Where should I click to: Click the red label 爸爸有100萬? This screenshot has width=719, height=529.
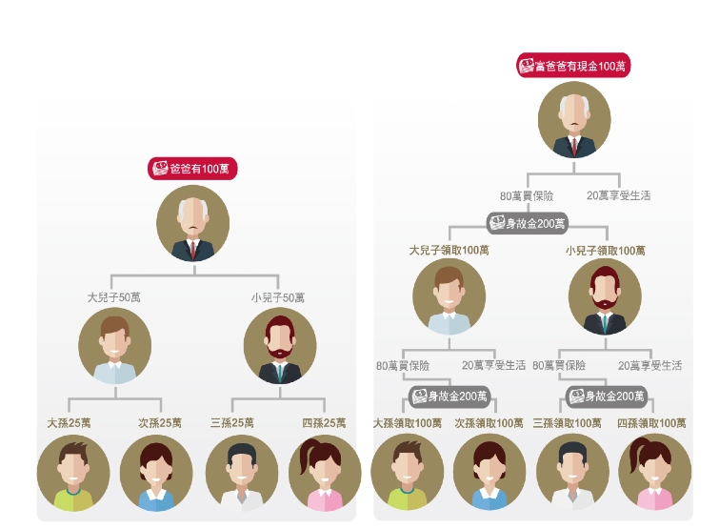point(192,169)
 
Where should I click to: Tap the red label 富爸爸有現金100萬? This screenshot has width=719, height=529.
point(573,66)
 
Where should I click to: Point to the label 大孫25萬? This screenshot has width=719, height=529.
point(70,422)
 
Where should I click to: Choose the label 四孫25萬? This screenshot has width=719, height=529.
point(323,422)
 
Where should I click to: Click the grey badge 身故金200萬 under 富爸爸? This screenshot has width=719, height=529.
point(528,224)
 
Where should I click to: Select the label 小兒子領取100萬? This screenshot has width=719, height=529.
point(605,251)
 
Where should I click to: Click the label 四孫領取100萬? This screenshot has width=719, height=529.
point(652,422)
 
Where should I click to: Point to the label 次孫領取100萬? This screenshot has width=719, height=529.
point(489,422)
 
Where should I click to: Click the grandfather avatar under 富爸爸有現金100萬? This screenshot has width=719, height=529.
point(574,122)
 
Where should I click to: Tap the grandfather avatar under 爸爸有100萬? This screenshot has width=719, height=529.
point(193,223)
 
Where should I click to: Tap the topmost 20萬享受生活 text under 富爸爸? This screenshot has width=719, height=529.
point(619,195)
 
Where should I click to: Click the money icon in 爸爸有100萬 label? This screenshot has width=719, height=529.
point(160,169)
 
